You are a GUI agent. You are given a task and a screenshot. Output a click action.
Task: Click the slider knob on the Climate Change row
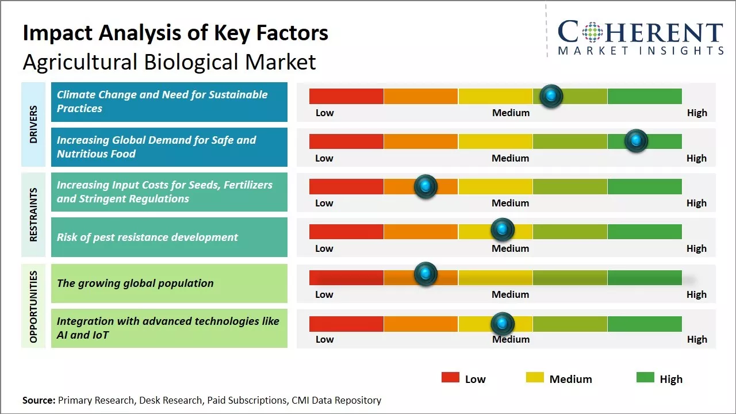coord(551,95)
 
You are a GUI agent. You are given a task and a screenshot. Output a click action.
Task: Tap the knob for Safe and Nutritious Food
coord(636,140)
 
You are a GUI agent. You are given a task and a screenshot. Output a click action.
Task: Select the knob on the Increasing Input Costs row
coord(425,186)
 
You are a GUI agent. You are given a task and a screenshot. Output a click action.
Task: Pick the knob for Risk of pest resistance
coord(503,230)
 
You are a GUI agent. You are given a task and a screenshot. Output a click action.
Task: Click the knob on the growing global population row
coord(425,274)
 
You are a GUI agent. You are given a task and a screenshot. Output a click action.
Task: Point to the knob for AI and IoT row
coord(503,323)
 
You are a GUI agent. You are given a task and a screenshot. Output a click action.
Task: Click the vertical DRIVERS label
coord(33,124)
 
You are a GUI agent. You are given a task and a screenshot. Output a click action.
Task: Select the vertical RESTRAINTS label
coord(33,214)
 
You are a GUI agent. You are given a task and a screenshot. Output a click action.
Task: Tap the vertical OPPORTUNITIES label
coord(33,306)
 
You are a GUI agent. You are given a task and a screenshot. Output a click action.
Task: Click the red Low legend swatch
coord(450,378)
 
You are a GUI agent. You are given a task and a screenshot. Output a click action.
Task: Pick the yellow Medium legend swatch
coord(535,378)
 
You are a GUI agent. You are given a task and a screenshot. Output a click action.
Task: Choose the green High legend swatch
coord(645,378)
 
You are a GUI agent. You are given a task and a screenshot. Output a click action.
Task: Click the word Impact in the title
coord(57,33)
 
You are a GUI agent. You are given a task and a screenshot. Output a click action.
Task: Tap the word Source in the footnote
coord(38,400)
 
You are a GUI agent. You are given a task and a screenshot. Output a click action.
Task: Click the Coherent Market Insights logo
coord(640,37)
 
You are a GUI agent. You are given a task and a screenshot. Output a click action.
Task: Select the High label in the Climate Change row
coord(697,113)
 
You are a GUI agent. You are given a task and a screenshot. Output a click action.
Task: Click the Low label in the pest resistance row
coord(324,248)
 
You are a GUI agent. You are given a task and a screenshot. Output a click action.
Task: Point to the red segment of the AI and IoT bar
coord(346,324)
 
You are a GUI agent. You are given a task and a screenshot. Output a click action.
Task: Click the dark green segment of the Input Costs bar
coord(644,186)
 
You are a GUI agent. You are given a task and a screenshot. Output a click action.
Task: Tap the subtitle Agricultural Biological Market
coord(169,62)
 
